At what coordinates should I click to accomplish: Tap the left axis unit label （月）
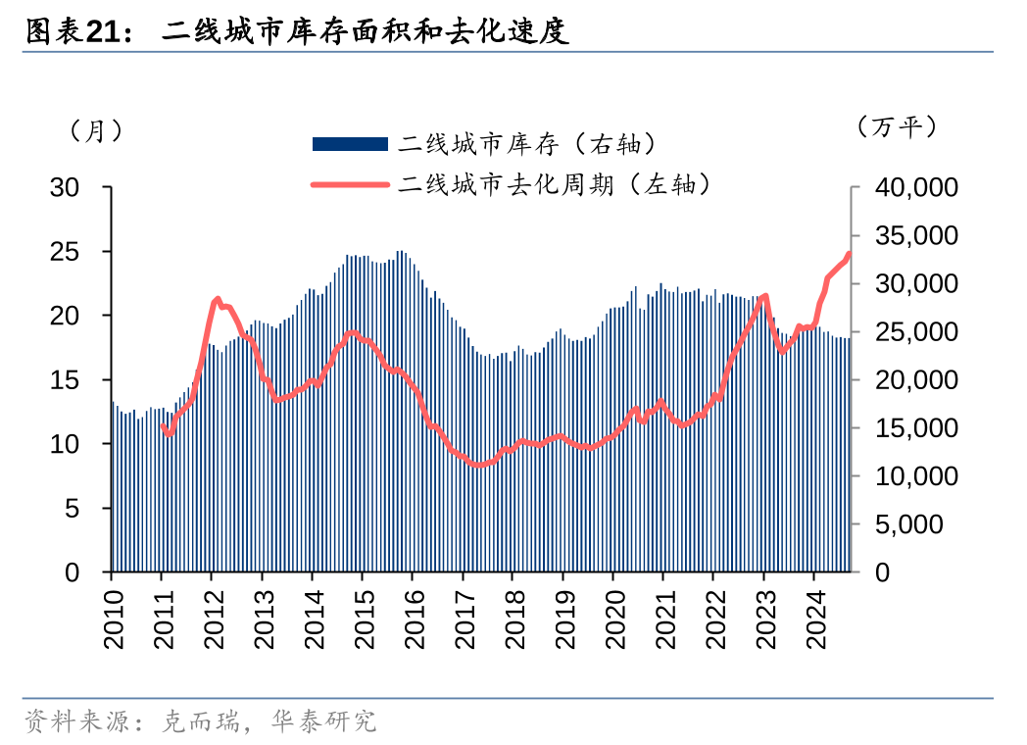point(96,130)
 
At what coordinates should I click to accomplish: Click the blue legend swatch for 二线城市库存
point(349,144)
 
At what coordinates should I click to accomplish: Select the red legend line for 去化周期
point(349,183)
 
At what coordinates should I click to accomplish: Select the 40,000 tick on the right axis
point(903,187)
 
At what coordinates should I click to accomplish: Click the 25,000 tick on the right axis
point(903,331)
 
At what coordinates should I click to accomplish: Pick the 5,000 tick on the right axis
point(908,524)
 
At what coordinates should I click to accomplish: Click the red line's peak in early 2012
point(217,300)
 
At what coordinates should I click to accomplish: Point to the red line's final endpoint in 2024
point(849,254)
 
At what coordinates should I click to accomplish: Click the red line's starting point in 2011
point(163,425)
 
